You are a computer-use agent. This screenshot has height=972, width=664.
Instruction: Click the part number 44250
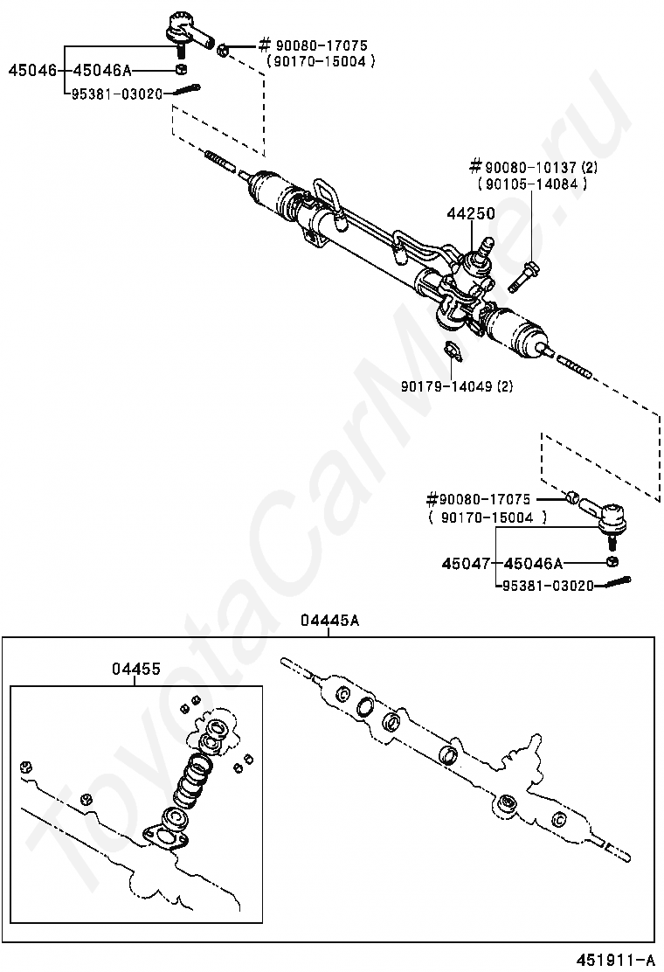pyautogui.click(x=471, y=214)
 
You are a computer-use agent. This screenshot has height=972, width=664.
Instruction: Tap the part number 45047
pyautogui.click(x=466, y=564)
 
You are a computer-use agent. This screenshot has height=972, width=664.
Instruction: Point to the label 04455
pyautogui.click(x=135, y=670)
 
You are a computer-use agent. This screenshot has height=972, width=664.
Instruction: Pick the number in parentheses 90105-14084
pyautogui.click(x=532, y=184)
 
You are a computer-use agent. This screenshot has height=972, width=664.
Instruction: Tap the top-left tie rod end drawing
pyautogui.click(x=186, y=31)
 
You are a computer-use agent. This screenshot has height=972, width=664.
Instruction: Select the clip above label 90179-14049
pyautogui.click(x=451, y=351)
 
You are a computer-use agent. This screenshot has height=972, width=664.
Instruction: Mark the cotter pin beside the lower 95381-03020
pyautogui.click(x=614, y=582)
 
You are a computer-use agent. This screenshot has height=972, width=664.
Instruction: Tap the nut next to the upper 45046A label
pyautogui.click(x=181, y=70)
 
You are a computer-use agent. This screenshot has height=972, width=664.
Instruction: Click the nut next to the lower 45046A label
pyautogui.click(x=613, y=562)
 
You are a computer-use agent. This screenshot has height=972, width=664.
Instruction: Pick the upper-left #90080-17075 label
pyautogui.click(x=310, y=45)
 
